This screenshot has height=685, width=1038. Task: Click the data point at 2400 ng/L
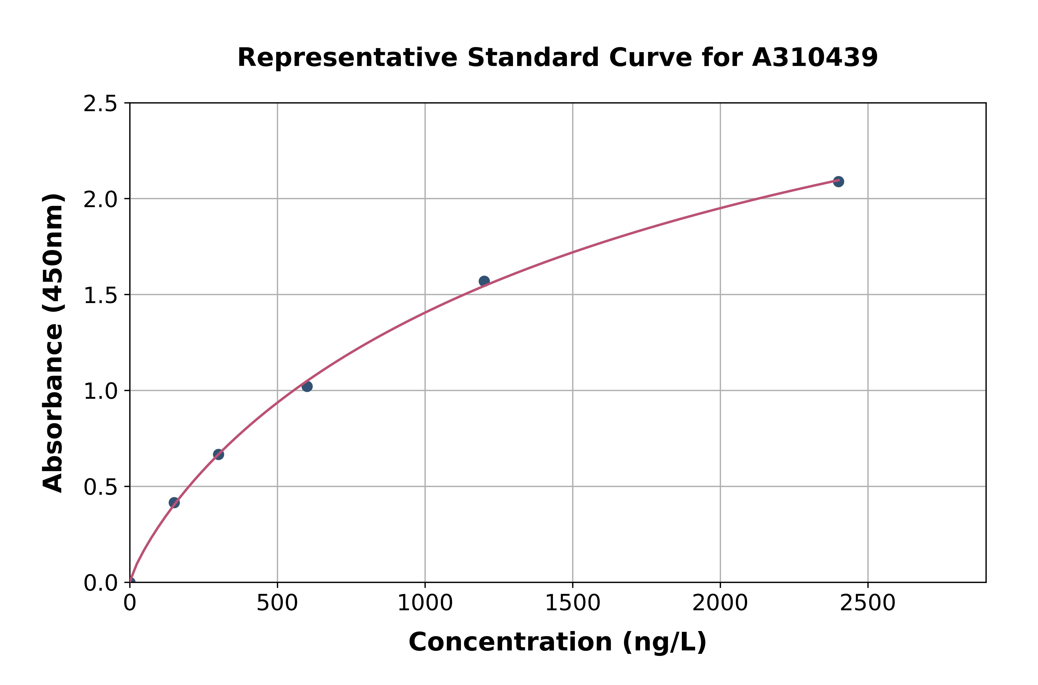click(x=838, y=181)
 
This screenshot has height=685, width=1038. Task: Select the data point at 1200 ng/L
click(x=484, y=281)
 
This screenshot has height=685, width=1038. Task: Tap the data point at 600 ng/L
click(x=307, y=386)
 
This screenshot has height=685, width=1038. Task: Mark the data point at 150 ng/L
click(x=174, y=502)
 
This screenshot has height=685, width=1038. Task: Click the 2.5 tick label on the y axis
click(x=101, y=104)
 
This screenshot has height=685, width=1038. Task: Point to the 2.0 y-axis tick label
click(x=101, y=200)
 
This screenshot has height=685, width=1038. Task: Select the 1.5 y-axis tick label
click(x=101, y=296)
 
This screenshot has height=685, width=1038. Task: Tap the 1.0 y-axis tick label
click(x=101, y=391)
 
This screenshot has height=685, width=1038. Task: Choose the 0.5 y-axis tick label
click(x=101, y=487)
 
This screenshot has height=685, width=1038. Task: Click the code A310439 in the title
click(x=815, y=58)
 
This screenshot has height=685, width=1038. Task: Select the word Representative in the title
click(x=347, y=58)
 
